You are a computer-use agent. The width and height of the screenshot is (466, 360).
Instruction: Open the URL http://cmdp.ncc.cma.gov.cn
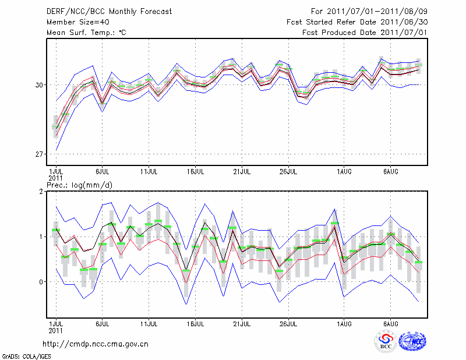point(96,344)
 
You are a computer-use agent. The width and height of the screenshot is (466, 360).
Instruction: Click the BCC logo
point(386,341)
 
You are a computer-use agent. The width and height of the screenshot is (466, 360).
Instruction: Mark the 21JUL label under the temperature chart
point(242,172)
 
